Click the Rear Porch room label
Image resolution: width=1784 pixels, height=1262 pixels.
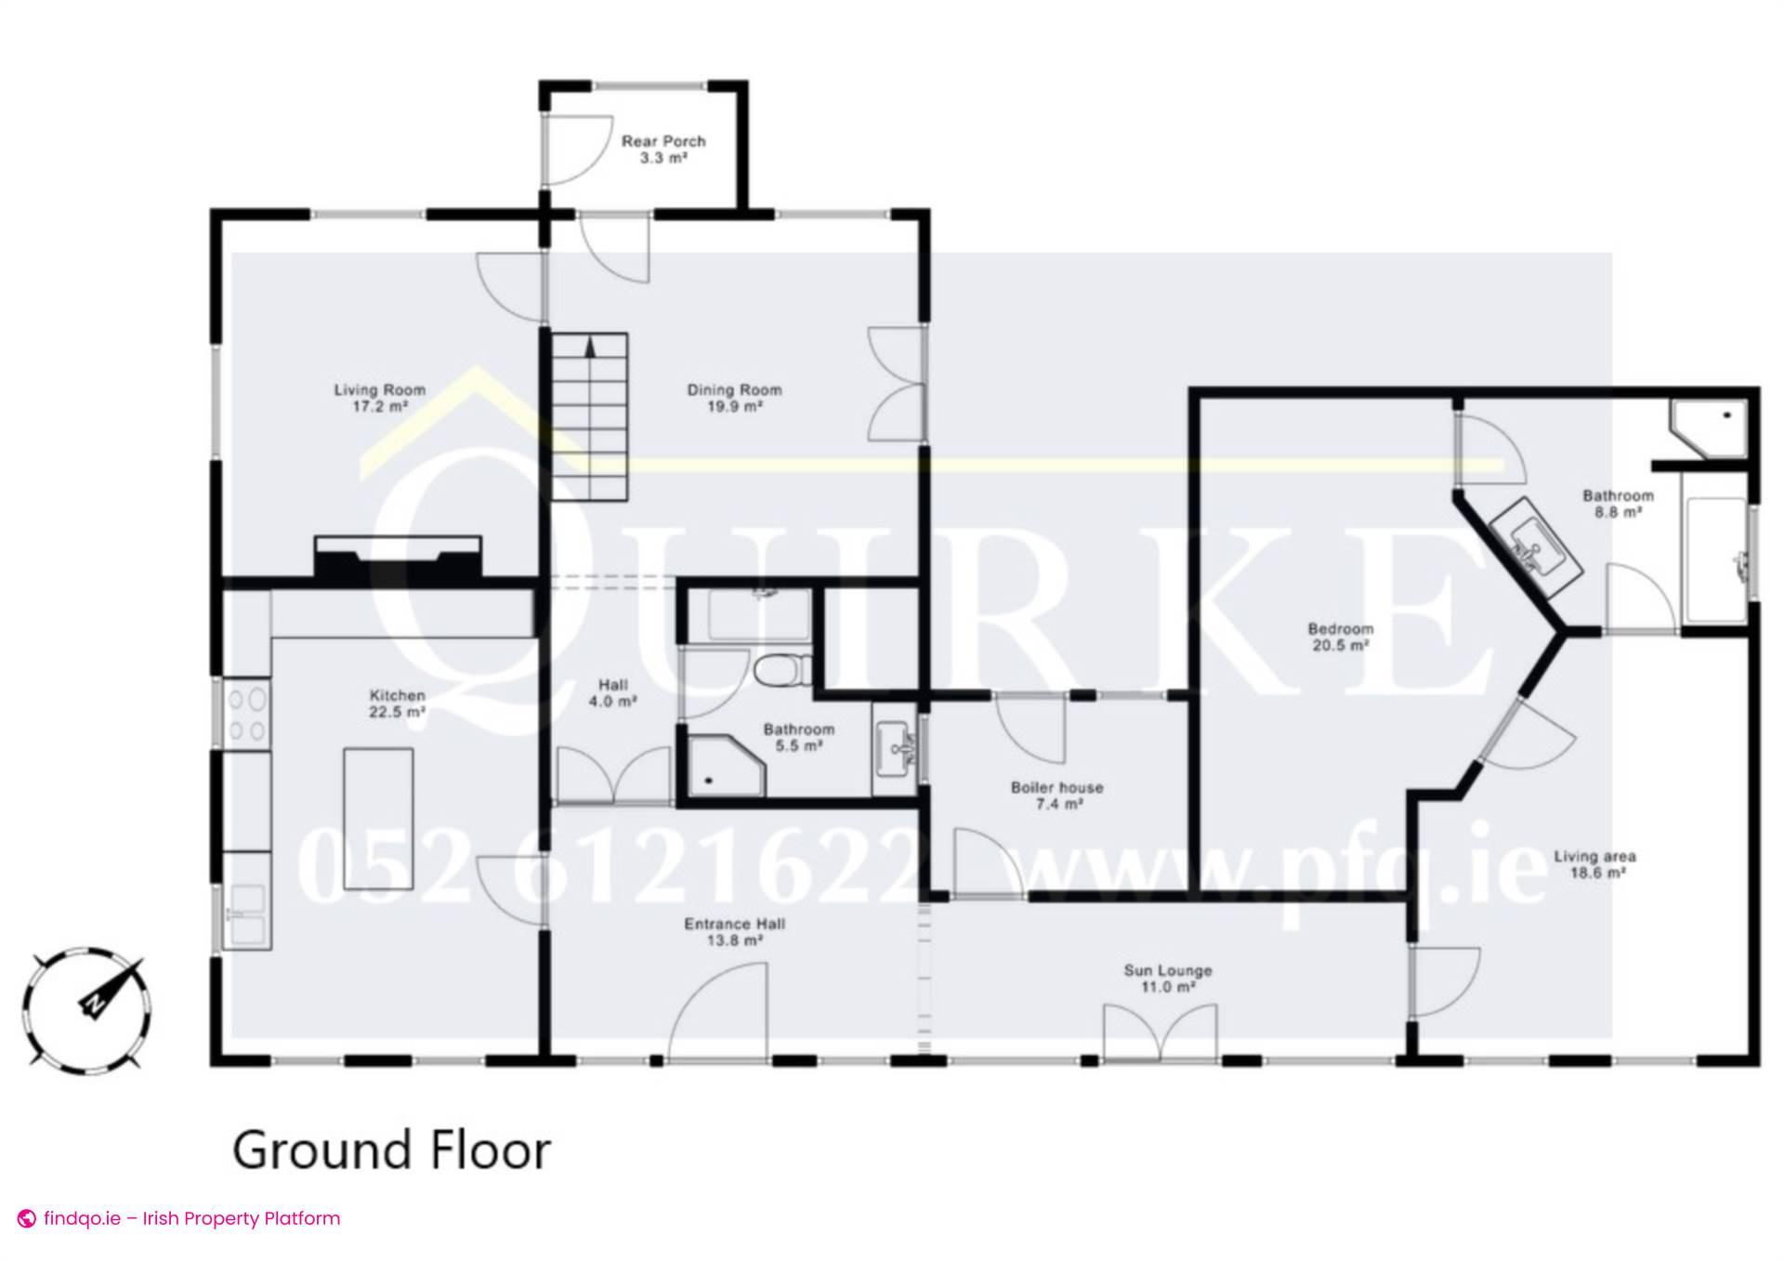click(x=663, y=149)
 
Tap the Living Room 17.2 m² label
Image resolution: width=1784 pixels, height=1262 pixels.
click(x=380, y=398)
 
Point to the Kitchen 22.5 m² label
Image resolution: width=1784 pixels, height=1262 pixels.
click(x=398, y=703)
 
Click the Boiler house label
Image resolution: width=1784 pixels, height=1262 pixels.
click(x=1057, y=795)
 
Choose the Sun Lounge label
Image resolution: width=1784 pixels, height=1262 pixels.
click(x=1168, y=979)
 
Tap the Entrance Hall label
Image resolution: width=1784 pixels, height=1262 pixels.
click(x=734, y=932)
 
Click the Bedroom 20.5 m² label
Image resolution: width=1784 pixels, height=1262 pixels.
click(x=1341, y=637)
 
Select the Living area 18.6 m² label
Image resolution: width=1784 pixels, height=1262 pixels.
click(x=1595, y=864)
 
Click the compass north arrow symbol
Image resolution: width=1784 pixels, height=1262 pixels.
click(x=92, y=1002)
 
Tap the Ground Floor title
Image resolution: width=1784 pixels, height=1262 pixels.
click(x=391, y=1150)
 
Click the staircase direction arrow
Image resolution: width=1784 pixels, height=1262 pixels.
click(x=589, y=348)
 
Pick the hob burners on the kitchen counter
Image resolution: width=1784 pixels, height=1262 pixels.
click(x=247, y=713)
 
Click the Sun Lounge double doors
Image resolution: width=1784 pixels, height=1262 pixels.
click(x=1159, y=1032)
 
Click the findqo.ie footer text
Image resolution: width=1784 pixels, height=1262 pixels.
click(x=180, y=1218)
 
